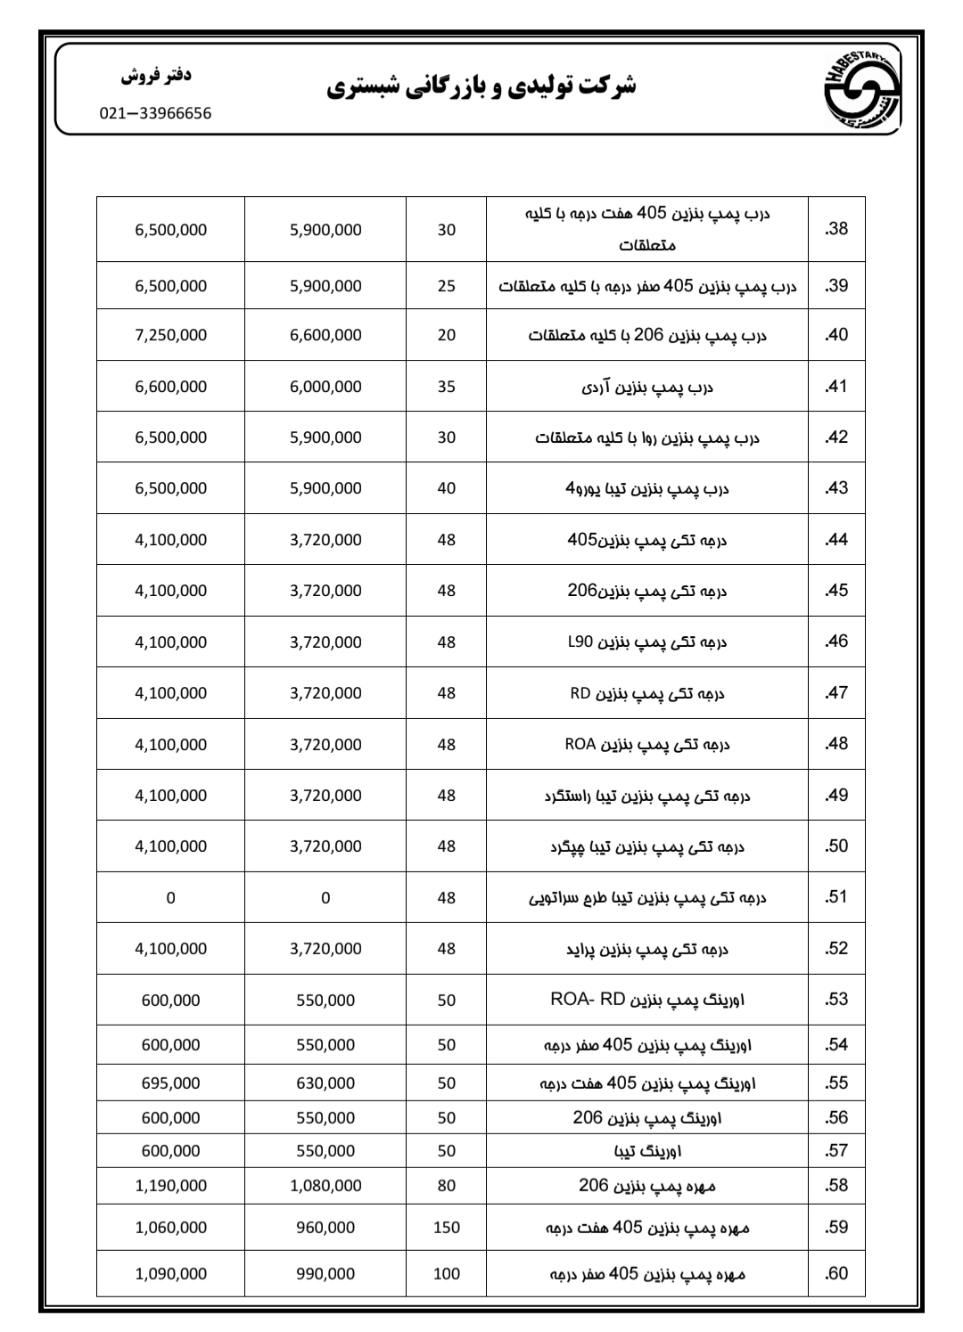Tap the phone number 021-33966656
[155, 114]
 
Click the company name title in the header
[481, 87]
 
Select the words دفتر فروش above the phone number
[156, 76]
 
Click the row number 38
[836, 229]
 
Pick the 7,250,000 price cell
[170, 335]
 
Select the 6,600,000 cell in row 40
[325, 335]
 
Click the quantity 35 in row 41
[446, 387]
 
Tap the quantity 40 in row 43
[446, 488]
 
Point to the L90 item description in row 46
[647, 642]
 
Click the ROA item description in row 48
[647, 745]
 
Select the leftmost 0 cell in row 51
[170, 898]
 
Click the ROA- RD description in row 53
[647, 1000]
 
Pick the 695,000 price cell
[170, 1083]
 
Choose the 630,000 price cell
[325, 1083]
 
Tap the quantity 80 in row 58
[446, 1186]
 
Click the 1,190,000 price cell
[170, 1186]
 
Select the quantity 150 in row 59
[446, 1228]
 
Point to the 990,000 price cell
[325, 1274]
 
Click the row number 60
[836, 1274]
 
